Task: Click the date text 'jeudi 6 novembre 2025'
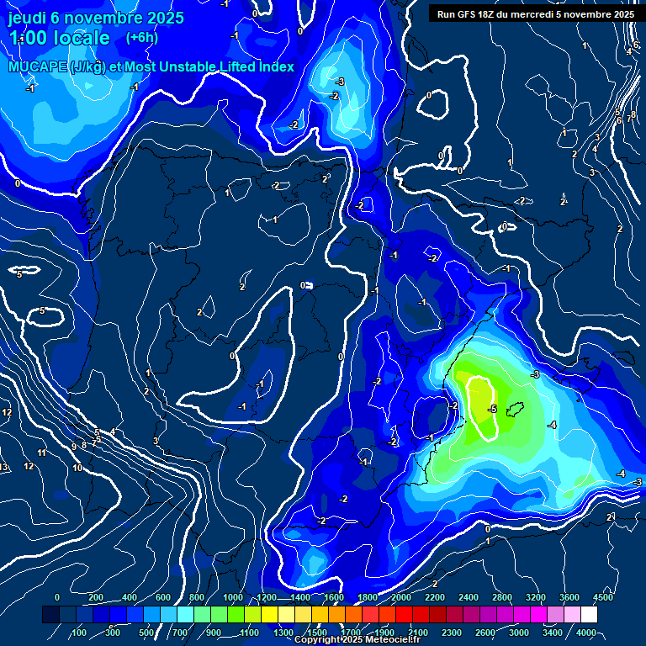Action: point(88,18)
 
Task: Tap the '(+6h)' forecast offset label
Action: point(141,38)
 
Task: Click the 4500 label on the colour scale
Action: point(603,597)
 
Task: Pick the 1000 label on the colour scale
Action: point(232,597)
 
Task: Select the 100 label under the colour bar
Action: point(80,633)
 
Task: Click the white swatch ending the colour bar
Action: point(612,616)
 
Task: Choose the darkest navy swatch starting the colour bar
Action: point(50,616)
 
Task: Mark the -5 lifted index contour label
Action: point(493,409)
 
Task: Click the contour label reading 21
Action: point(612,516)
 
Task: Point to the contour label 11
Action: point(41,453)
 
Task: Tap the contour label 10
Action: point(77,468)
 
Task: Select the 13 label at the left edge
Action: point(4,468)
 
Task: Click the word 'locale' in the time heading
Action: point(80,38)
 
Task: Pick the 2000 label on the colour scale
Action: point(400,597)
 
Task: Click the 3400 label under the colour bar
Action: point(553,633)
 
